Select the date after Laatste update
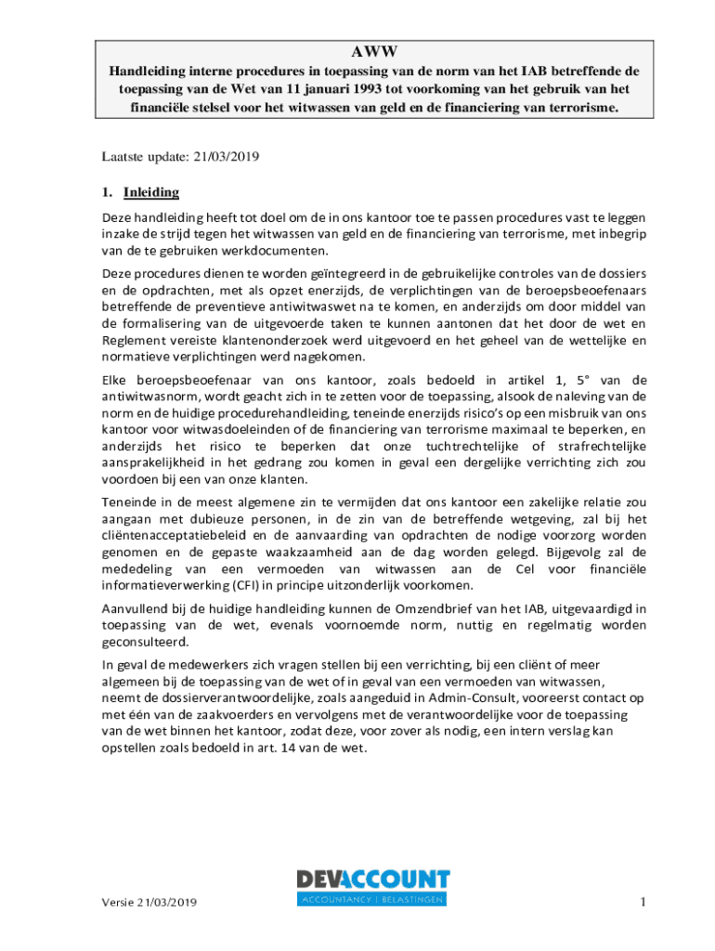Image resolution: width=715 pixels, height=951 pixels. click(x=226, y=156)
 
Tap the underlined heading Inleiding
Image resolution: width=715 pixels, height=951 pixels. click(x=150, y=192)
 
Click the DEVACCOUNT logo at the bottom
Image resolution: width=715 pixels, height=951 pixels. click(x=373, y=886)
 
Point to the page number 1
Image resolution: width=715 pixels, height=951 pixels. click(x=642, y=901)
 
